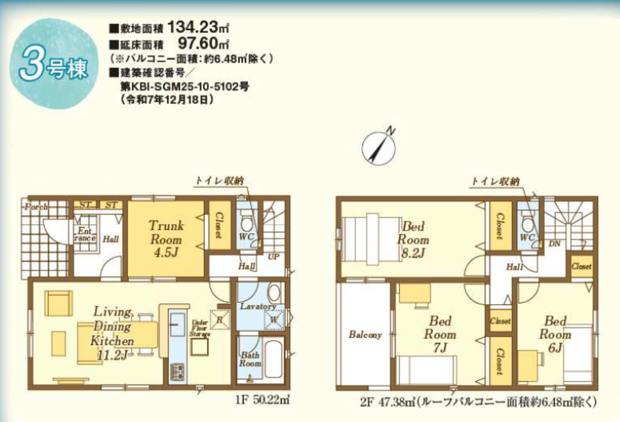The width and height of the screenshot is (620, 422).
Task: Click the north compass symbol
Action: click(x=379, y=148)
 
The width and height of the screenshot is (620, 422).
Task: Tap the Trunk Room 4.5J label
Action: click(x=166, y=239)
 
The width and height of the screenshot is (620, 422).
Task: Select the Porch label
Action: click(x=36, y=207)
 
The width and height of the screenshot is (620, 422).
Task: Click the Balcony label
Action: click(x=365, y=335)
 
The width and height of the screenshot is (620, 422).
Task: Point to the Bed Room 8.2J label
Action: click(x=413, y=240)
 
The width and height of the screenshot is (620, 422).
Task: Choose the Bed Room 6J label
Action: click(x=555, y=334)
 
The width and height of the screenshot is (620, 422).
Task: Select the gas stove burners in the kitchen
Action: click(x=177, y=372)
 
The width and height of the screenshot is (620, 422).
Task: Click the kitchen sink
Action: click(x=177, y=324)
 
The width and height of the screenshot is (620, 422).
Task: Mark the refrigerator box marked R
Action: click(x=220, y=320)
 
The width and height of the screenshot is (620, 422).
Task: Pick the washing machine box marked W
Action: click(x=274, y=320)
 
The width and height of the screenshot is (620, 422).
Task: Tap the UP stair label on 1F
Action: click(x=274, y=256)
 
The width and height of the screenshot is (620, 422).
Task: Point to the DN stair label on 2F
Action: click(x=555, y=243)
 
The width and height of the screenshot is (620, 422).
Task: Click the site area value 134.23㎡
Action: click(x=198, y=28)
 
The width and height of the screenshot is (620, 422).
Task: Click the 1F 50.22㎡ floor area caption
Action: click(x=263, y=400)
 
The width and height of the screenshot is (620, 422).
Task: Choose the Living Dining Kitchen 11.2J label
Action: click(x=112, y=333)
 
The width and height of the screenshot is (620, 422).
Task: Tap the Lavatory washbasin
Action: click(x=274, y=293)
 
